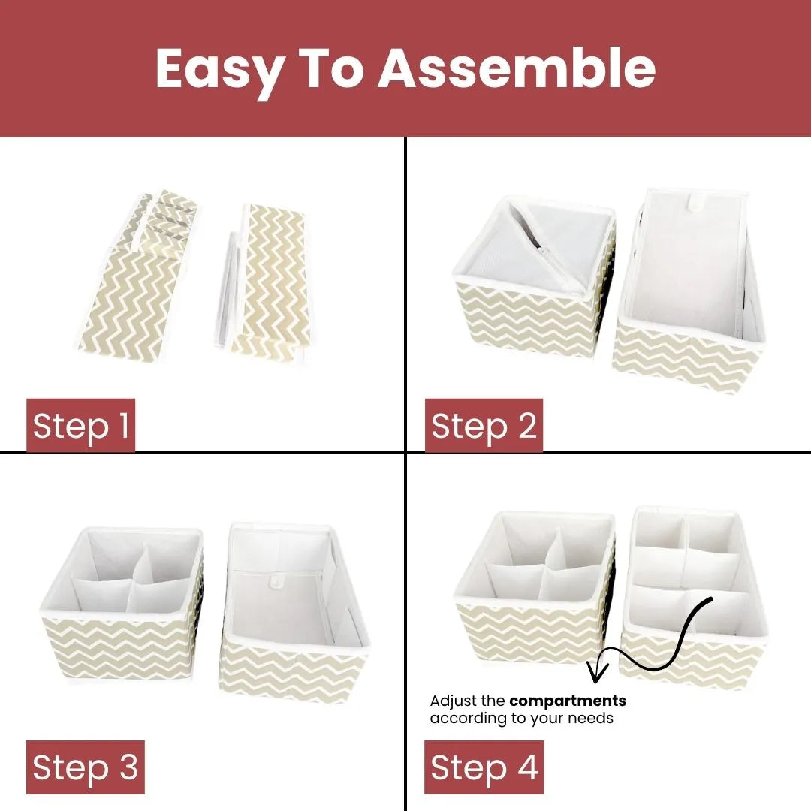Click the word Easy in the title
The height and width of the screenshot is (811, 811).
pos(219,69)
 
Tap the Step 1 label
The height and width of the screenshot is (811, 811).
pos(81,426)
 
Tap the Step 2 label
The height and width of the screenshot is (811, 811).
pos(484,426)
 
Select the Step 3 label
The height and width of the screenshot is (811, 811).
pos(86,767)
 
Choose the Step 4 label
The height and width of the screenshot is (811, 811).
pos(484,767)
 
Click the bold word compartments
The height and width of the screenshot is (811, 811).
pos(567,701)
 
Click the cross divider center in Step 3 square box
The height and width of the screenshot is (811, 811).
pos(137,582)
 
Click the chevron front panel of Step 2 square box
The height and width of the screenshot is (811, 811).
pos(529,330)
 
